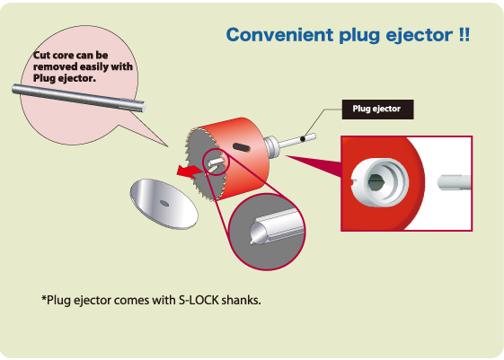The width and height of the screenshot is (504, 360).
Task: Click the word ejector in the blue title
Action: click(420, 36)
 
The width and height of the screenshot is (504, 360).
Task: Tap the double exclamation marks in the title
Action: click(464, 34)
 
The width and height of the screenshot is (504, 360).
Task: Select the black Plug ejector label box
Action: click(377, 110)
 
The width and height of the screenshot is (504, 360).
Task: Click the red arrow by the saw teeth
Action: click(190, 171)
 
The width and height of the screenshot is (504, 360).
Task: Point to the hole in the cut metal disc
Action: click(164, 203)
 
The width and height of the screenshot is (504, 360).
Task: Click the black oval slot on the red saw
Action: click(241, 147)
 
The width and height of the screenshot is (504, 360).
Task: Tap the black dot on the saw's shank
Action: click(303, 139)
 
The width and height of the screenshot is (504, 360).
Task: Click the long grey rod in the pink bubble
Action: click(79, 98)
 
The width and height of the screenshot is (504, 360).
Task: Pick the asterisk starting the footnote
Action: click(44, 298)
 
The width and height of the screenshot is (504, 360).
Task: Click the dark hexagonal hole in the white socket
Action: click(376, 182)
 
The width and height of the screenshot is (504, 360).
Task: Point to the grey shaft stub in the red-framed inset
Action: click(454, 182)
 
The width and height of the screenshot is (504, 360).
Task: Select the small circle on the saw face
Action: click(216, 162)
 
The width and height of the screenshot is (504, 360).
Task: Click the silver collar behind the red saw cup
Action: click(271, 146)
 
